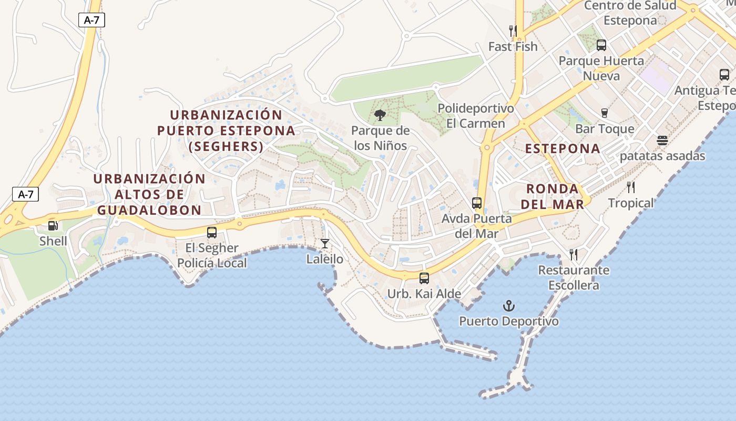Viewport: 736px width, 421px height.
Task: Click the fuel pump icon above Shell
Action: tap(53, 226)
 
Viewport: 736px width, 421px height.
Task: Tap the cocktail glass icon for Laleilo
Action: tap(325, 244)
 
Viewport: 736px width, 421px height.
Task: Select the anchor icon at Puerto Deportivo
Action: tap(508, 306)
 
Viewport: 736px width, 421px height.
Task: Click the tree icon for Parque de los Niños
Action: tap(379, 115)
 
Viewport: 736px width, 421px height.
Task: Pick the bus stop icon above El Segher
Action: tap(212, 232)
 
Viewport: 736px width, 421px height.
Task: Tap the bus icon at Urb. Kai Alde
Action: tap(424, 278)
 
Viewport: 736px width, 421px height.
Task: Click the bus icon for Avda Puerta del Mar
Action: tap(477, 203)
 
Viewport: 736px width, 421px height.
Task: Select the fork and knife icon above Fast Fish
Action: tap(513, 31)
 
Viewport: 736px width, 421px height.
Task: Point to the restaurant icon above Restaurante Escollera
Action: tap(574, 255)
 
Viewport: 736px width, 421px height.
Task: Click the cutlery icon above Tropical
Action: tap(631, 187)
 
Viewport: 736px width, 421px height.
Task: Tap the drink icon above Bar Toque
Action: tap(605, 113)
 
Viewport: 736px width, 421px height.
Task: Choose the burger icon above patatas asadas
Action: tap(662, 141)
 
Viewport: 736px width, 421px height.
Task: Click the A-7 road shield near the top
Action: tap(91, 20)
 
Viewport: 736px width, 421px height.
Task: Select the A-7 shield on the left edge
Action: tap(25, 194)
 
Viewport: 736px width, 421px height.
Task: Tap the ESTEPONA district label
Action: tap(563, 148)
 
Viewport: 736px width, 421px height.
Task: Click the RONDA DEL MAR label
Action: tap(555, 196)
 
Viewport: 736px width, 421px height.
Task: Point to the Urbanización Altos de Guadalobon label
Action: tap(149, 194)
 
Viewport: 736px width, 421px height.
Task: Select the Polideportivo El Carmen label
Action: tap(476, 116)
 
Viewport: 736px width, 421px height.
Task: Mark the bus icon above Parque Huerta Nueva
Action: tap(601, 45)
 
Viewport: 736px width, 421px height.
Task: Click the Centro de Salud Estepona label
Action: tap(630, 13)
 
